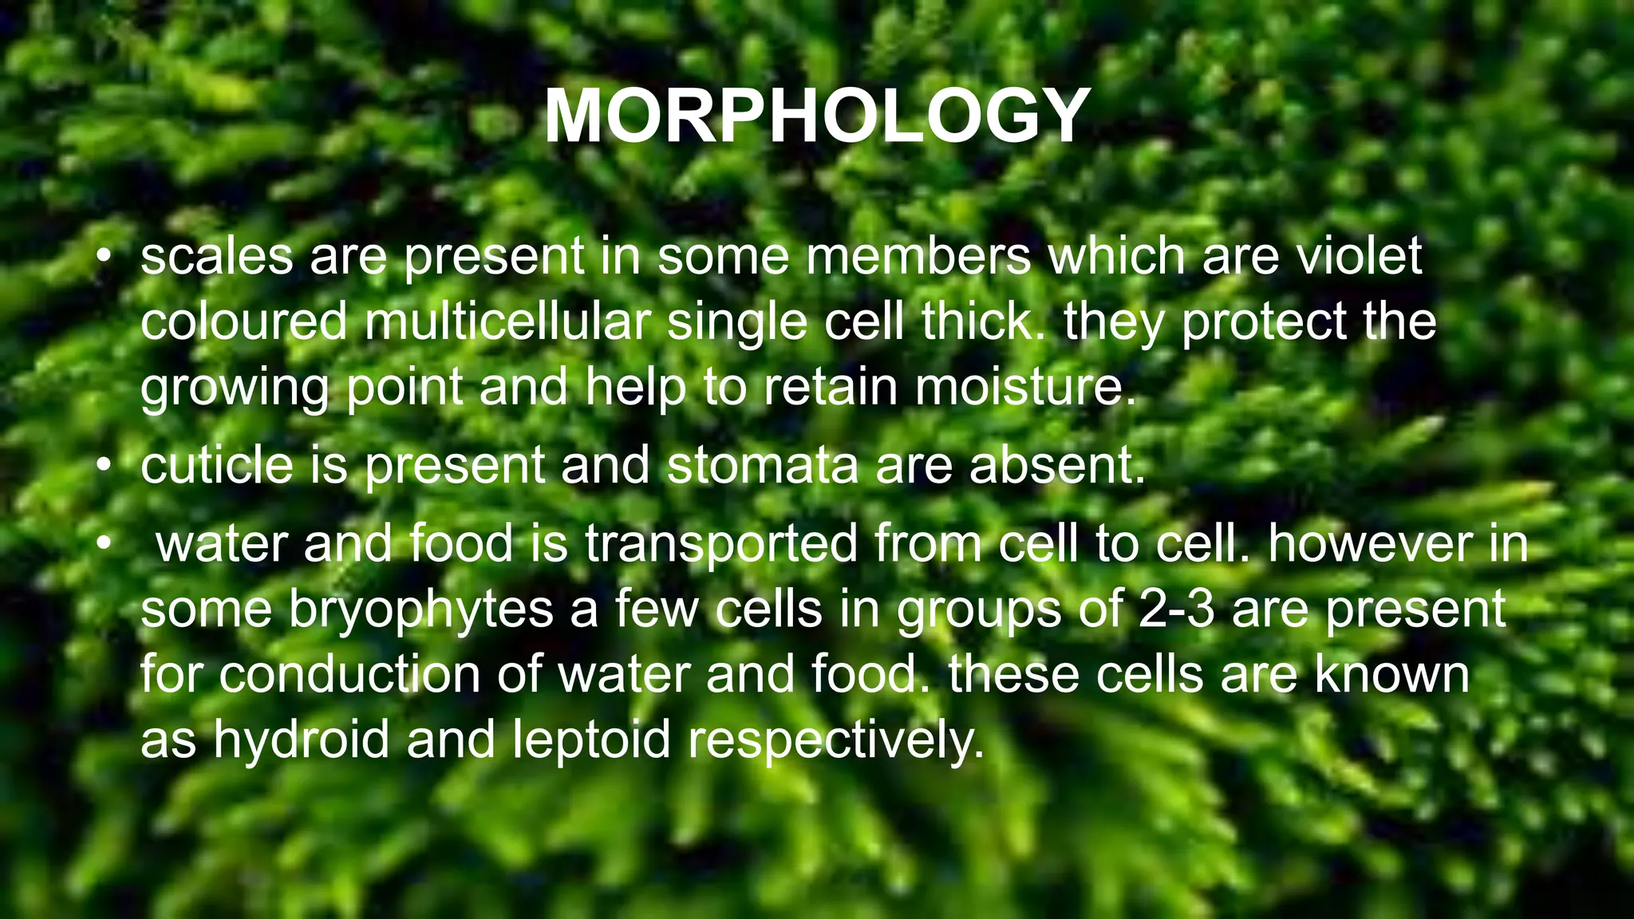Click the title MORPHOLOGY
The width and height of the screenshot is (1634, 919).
point(817,116)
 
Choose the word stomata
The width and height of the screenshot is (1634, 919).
point(762,466)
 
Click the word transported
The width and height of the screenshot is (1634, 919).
point(721,544)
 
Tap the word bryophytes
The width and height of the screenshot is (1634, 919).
point(421,609)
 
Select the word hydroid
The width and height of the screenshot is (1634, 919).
point(301,740)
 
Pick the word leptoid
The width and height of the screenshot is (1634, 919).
point(591,740)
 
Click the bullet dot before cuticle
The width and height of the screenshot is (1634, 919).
point(103,466)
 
